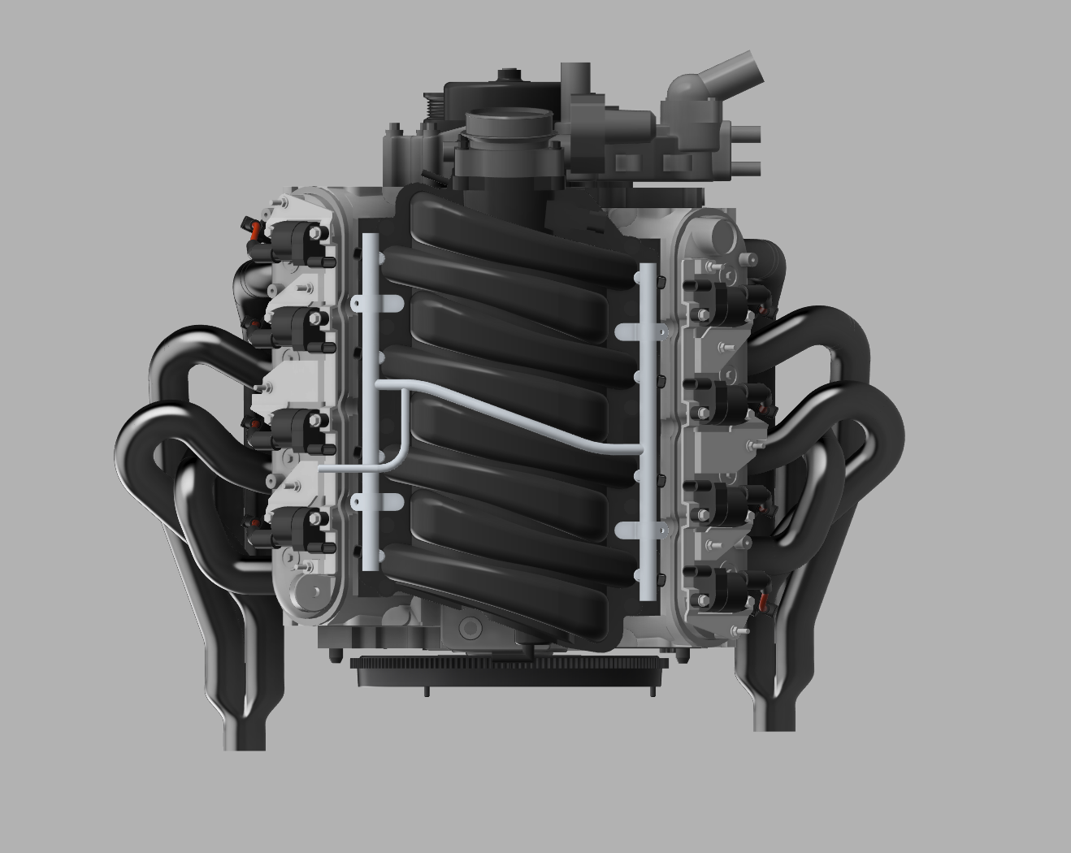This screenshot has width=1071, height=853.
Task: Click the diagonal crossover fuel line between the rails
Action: pyautogui.click(x=520, y=419)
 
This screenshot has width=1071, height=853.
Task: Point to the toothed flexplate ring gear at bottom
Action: pyautogui.click(x=508, y=674)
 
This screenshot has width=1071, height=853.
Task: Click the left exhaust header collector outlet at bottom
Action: pyautogui.click(x=245, y=727)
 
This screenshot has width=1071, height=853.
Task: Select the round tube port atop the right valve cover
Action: pyautogui.click(x=722, y=236)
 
